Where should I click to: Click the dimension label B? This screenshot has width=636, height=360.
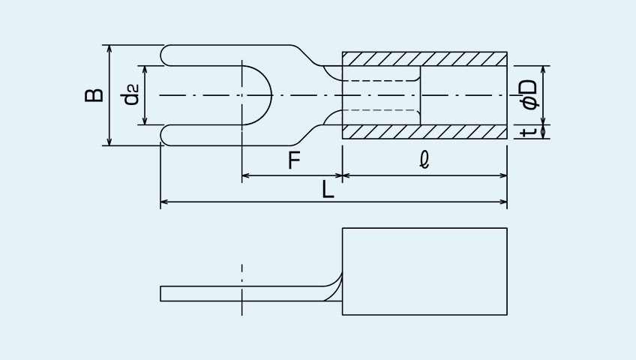tap(94, 95)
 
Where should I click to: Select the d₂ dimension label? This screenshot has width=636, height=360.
tap(131, 94)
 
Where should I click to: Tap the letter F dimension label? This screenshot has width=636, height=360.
tap(294, 160)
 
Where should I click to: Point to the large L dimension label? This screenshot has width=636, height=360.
tap(328, 189)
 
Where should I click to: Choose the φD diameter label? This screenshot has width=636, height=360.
tap(529, 94)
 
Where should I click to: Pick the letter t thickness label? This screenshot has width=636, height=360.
tap(529, 131)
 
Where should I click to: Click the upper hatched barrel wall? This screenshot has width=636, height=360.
tap(424, 58)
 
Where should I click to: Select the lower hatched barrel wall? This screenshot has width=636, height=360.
tap(424, 132)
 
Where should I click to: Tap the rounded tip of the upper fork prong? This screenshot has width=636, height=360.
tap(162, 55)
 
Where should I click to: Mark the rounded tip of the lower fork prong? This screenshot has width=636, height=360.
tap(162, 135)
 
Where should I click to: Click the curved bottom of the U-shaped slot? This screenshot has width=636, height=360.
tap(271, 95)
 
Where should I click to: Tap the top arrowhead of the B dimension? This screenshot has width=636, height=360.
tap(109, 48)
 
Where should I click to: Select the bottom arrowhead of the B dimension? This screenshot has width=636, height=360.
tap(109, 142)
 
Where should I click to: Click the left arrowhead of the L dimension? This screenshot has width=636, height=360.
tap(163, 202)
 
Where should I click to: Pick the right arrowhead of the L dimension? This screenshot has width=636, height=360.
tap(504, 202)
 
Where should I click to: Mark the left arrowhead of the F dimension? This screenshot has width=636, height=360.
tap(245, 175)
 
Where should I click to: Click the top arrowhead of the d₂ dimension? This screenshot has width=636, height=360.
tap(145, 69)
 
